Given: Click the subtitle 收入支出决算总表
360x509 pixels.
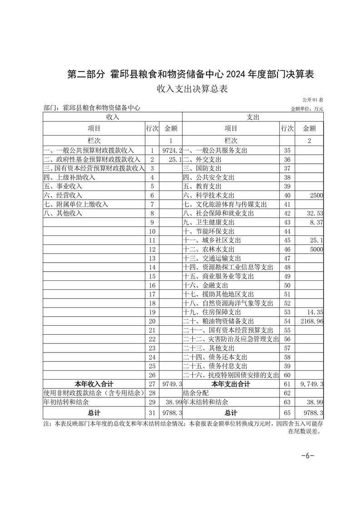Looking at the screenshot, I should click(x=192, y=89).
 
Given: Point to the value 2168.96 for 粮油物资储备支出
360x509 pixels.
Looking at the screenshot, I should click(x=311, y=321).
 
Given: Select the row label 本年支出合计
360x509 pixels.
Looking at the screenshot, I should click(x=231, y=384).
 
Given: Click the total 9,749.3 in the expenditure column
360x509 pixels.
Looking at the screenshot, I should click(x=310, y=384).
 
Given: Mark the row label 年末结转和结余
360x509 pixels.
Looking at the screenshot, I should click(x=205, y=402).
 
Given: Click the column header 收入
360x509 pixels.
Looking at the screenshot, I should click(x=113, y=117).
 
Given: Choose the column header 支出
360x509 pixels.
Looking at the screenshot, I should click(x=253, y=117).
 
